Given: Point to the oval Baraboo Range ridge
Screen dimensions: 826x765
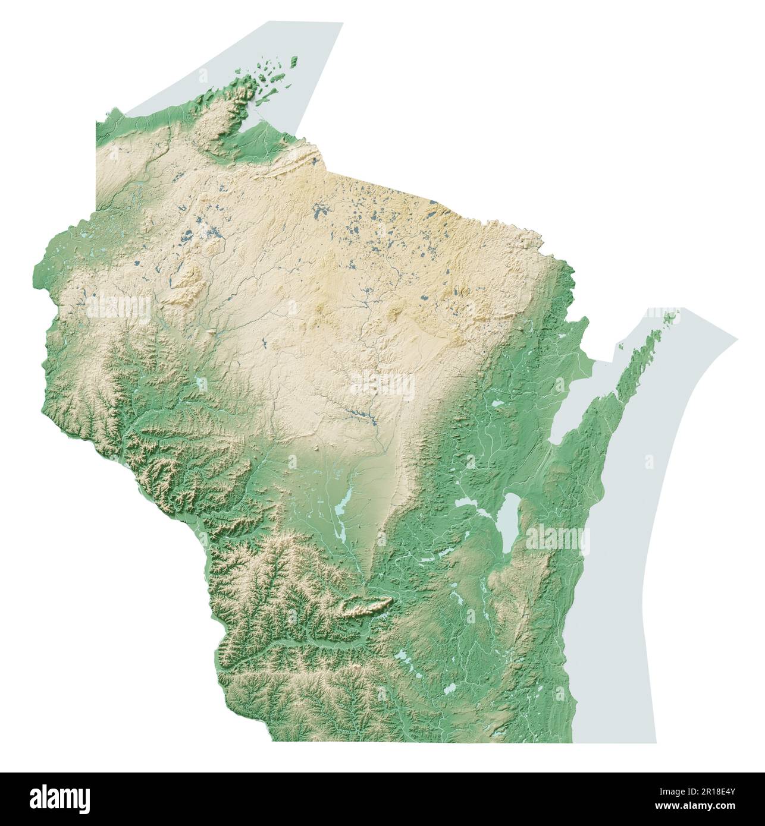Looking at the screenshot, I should click(363, 607).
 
